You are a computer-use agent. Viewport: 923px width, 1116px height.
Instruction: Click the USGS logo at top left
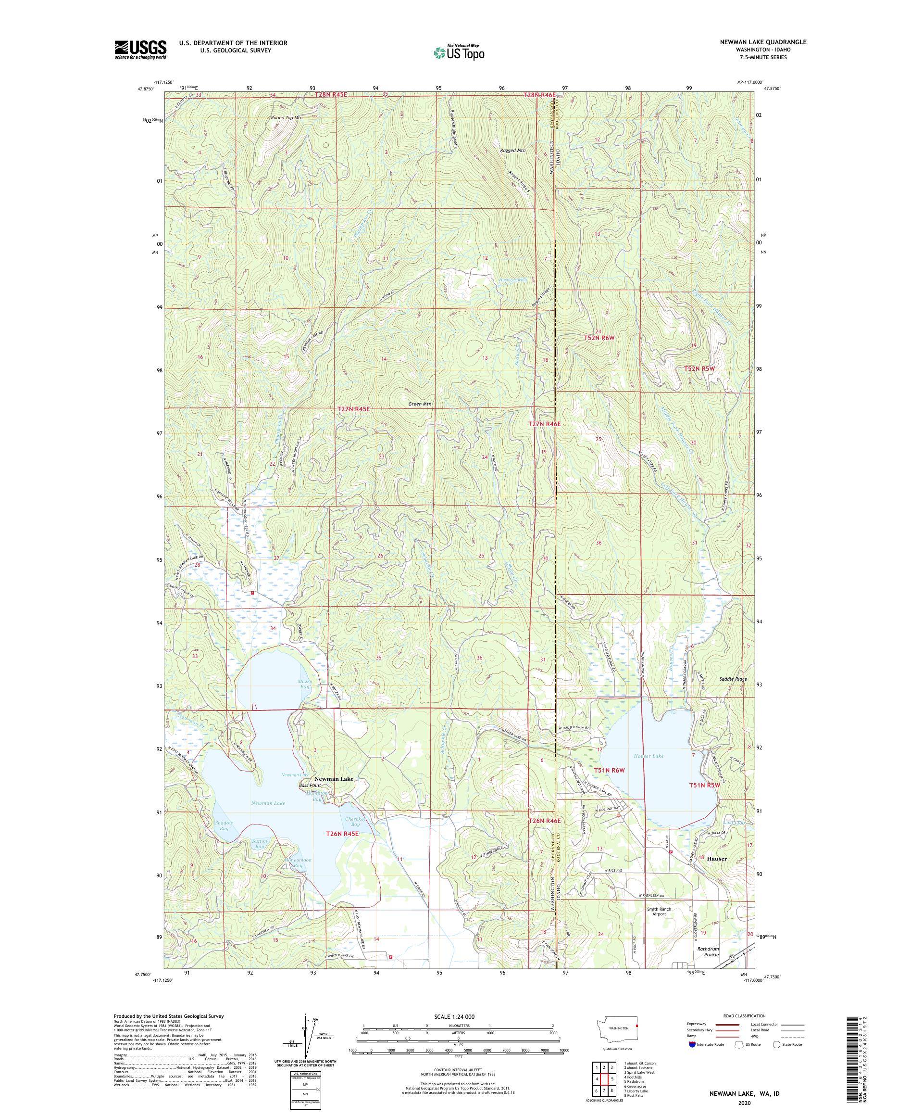point(140,50)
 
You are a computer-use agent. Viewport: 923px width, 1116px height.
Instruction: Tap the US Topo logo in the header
point(460,52)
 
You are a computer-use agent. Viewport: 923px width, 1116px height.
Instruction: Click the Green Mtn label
point(420,404)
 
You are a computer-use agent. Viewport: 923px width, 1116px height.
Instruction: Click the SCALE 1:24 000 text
point(458,1016)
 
